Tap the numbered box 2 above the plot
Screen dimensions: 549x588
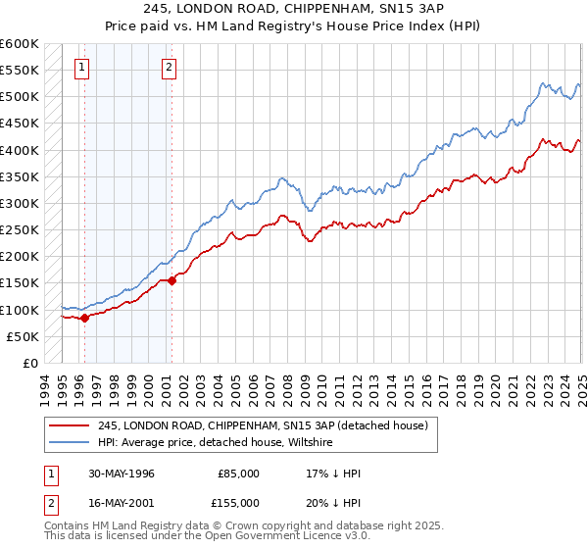(x=169, y=68)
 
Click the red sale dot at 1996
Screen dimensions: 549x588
(x=85, y=318)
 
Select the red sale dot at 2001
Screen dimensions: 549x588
(x=171, y=280)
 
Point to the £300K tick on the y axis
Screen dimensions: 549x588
(x=20, y=204)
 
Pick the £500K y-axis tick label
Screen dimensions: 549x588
(x=20, y=97)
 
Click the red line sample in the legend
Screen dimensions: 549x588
(x=71, y=426)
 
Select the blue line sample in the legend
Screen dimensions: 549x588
(x=71, y=443)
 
